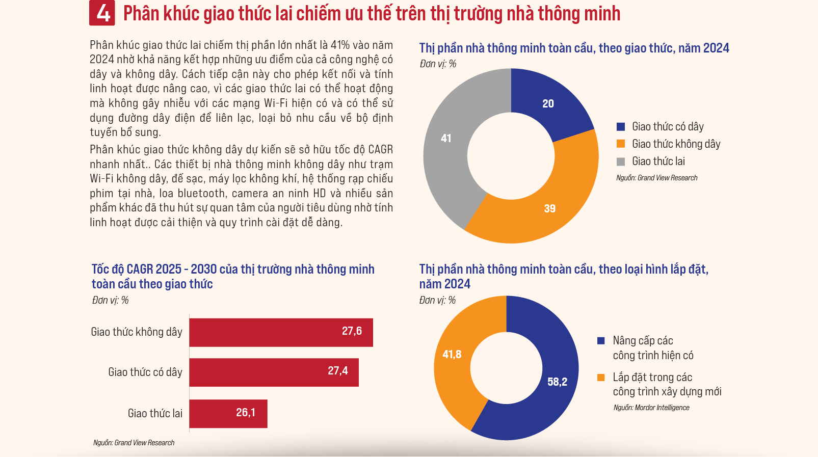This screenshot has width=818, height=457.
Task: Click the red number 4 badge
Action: coord(102,13)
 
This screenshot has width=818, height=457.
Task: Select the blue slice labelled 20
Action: coord(548,104)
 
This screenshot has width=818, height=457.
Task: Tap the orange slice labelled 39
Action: coord(549,208)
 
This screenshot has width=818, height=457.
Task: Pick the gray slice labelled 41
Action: coord(446,139)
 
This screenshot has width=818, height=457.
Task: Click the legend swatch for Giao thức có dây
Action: coord(621,127)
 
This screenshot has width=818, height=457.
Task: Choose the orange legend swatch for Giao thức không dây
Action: coord(621,144)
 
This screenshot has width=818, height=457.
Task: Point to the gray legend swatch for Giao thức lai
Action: coord(621,162)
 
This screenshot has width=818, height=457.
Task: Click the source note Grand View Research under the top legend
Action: coord(656,178)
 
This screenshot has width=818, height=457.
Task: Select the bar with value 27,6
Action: coord(281,332)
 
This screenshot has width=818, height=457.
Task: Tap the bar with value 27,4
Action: coord(274,372)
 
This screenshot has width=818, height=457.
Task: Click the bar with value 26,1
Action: coord(228,413)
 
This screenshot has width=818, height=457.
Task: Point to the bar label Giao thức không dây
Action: coord(137,332)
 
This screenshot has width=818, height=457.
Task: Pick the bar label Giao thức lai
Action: coord(155,413)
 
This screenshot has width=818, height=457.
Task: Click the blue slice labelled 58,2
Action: coord(557,382)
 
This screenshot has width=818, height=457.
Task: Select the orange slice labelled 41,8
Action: coord(452,355)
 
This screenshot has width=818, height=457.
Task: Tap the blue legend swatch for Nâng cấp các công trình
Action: coord(601,341)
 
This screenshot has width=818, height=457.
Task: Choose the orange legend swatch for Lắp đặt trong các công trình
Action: coord(601,378)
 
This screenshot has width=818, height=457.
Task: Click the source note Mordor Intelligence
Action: coord(651,408)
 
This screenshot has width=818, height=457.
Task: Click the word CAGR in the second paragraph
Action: coord(380,150)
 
